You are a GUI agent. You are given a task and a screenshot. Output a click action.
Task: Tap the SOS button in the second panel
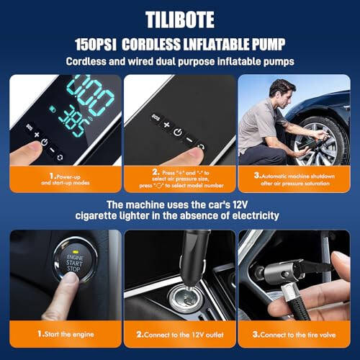point(154,117)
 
